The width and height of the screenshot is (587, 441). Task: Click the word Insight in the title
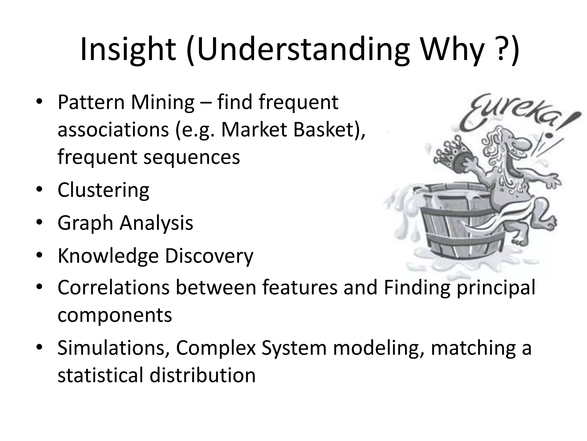point(128,49)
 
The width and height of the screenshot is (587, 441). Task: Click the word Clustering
point(103,190)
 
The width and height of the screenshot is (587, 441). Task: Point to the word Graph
point(85,223)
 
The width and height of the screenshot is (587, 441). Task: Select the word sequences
point(191,157)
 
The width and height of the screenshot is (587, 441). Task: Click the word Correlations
point(114,288)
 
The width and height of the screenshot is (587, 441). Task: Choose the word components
point(115,315)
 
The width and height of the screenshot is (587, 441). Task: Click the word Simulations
point(113,348)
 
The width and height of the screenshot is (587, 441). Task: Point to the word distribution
point(202,376)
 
